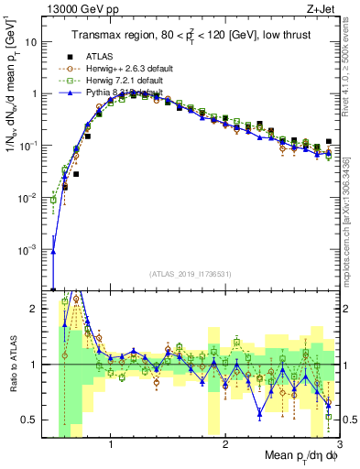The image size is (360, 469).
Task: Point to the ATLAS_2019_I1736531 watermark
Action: (x=190, y=273)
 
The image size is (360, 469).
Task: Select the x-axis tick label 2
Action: (x=225, y=446)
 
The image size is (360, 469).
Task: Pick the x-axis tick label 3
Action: (x=338, y=446)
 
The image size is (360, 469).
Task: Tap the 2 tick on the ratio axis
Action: (x=35, y=309)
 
